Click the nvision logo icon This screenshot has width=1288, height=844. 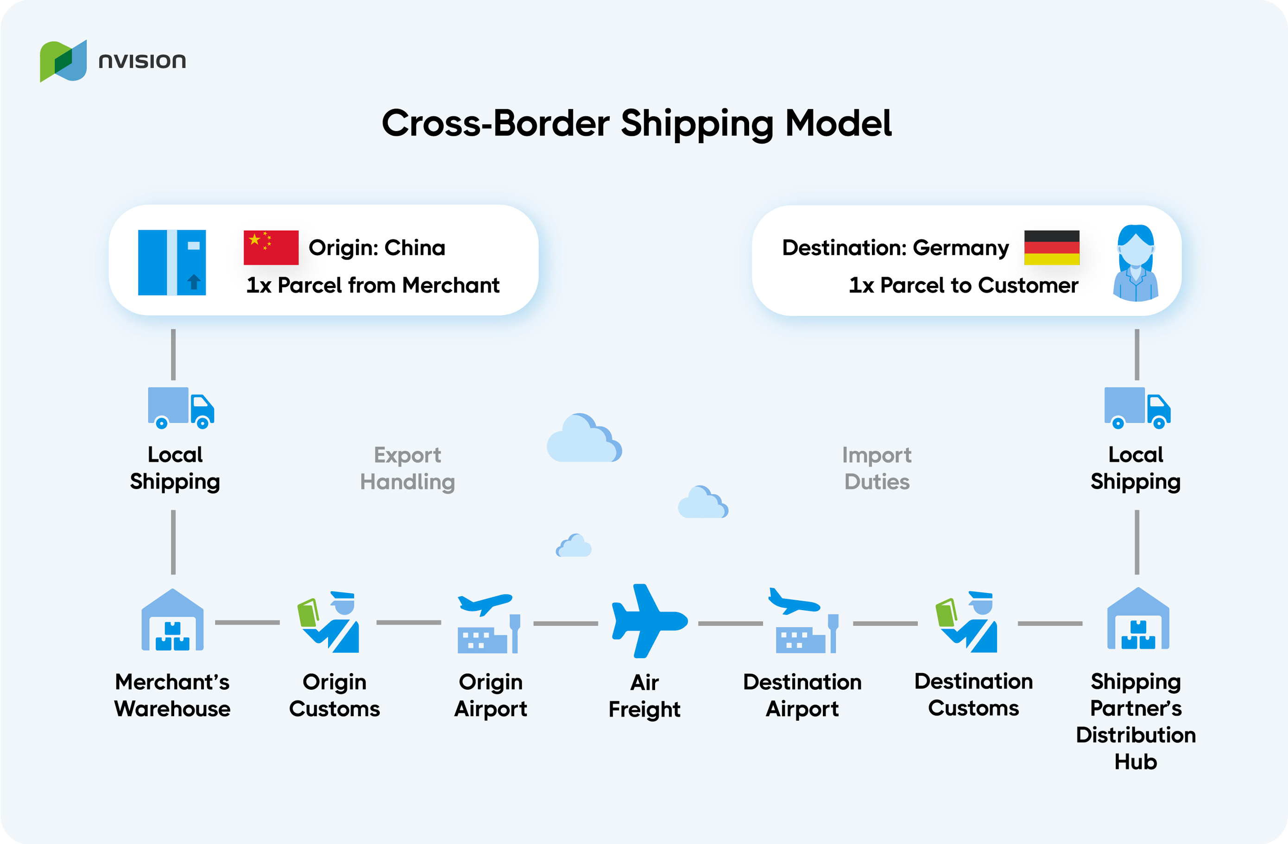click(63, 61)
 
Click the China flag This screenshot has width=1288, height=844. click(271, 248)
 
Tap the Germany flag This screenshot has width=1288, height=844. click(1052, 248)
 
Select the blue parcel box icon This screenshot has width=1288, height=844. click(172, 262)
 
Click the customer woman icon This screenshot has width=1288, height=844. click(1136, 263)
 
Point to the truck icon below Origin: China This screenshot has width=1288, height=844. click(181, 407)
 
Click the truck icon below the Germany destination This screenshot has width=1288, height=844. click(1137, 407)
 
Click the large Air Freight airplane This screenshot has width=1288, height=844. click(647, 621)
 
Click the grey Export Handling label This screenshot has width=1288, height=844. click(408, 468)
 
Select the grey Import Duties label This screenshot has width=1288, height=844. click(877, 468)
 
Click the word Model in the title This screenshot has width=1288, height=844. click(838, 123)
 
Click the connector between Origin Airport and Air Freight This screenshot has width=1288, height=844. click(566, 623)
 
